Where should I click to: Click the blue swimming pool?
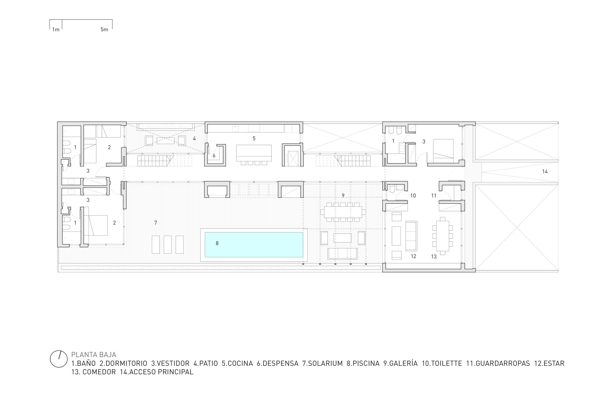pyautogui.click(x=254, y=245)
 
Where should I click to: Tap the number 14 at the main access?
pyautogui.click(x=545, y=171)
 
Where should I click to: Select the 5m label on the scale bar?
pyautogui.click(x=104, y=30)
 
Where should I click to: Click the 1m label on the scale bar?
pyautogui.click(x=56, y=30)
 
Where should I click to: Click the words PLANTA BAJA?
pyautogui.click(x=94, y=355)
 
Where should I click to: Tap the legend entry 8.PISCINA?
pyautogui.click(x=363, y=363)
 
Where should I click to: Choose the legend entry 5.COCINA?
pyautogui.click(x=237, y=363)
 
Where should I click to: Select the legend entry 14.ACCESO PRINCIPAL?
pyautogui.click(x=157, y=372)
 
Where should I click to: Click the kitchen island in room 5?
pyautogui.click(x=254, y=153)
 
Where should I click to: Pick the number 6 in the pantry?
pyautogui.click(x=214, y=156)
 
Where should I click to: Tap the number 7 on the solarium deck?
pyautogui.click(x=156, y=223)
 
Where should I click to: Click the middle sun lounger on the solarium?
pyautogui.click(x=168, y=245)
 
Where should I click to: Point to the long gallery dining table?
pyautogui.click(x=343, y=212)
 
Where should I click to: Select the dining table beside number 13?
pyautogui.click(x=443, y=236)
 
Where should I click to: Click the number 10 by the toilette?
pyautogui.click(x=413, y=195)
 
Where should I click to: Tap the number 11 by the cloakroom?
pyautogui.click(x=434, y=195)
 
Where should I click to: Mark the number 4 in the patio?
pyautogui.click(x=194, y=138)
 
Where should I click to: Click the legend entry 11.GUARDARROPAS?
pyautogui.click(x=498, y=363)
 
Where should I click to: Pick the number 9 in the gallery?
pyautogui.click(x=343, y=195)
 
